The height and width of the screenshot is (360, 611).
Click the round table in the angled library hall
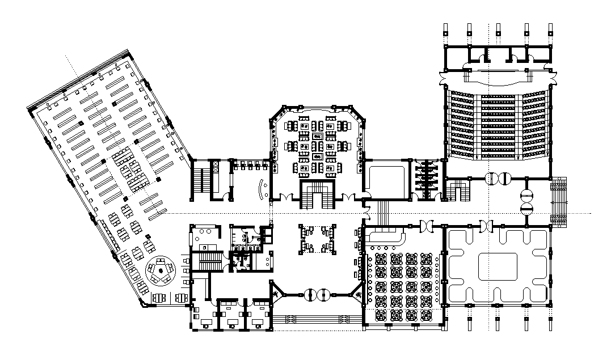pos(161,270)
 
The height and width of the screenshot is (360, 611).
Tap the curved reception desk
pos(263,189)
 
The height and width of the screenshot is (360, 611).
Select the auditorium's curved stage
pos(498,73)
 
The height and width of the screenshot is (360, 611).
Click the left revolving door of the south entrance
pos(310,294)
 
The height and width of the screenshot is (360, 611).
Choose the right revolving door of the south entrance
pos(324,294)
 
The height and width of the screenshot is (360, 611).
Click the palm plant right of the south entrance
pos(357,294)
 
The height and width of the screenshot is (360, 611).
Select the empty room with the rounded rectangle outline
pos(386,180)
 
